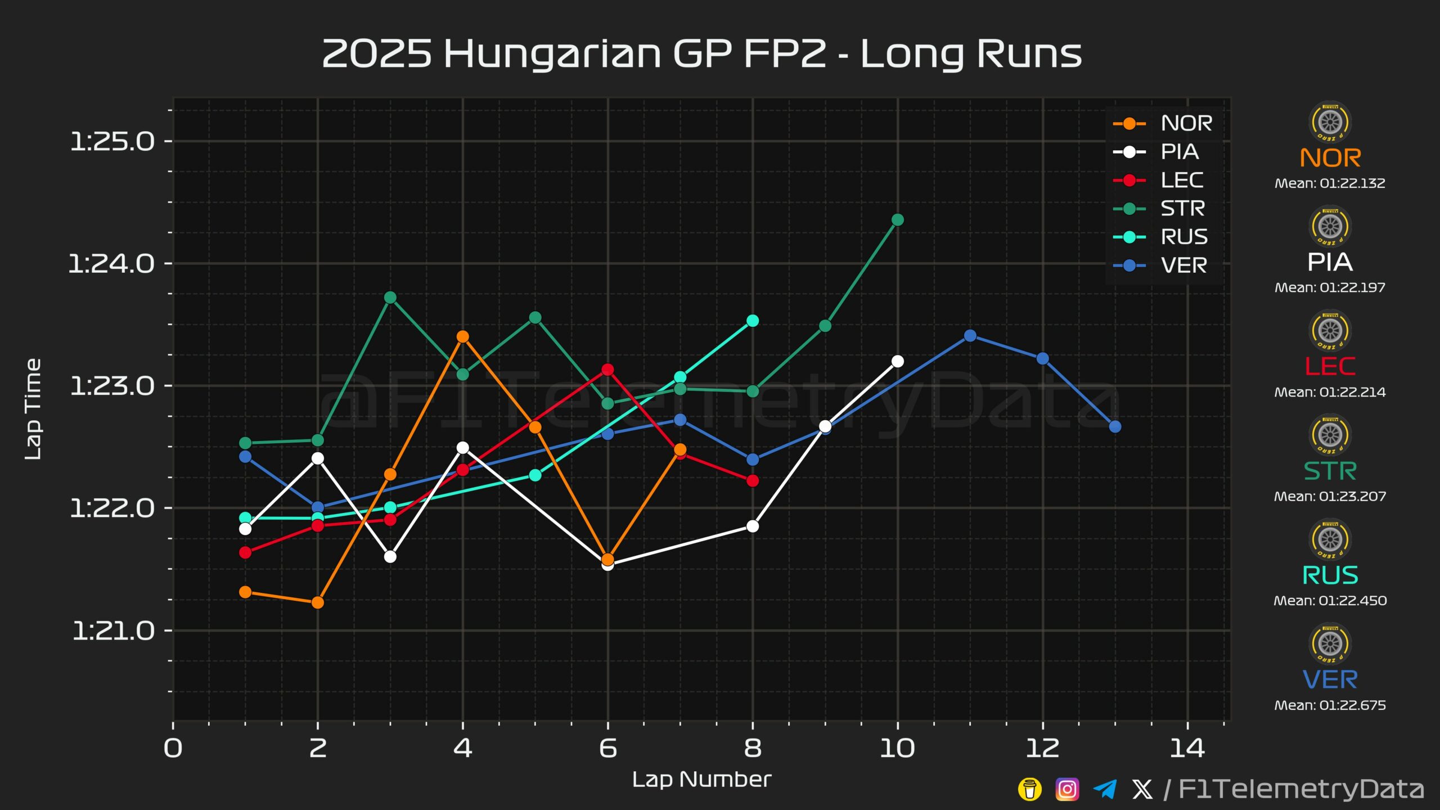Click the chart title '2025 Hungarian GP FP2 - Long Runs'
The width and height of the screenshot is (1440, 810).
pyautogui.click(x=701, y=54)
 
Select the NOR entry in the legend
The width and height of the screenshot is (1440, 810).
pyautogui.click(x=1163, y=123)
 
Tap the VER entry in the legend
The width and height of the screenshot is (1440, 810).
pyautogui.click(x=1160, y=265)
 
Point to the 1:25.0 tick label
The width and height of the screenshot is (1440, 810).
pyautogui.click(x=112, y=141)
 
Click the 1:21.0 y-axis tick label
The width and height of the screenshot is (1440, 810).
pyautogui.click(x=114, y=631)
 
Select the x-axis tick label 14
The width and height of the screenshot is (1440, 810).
pyautogui.click(x=1187, y=748)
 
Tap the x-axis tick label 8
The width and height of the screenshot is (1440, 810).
pyautogui.click(x=753, y=748)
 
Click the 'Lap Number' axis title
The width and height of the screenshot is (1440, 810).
pyautogui.click(x=701, y=780)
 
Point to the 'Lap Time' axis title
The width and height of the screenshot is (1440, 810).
pyautogui.click(x=33, y=409)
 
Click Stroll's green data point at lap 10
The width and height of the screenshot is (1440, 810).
pyautogui.click(x=898, y=220)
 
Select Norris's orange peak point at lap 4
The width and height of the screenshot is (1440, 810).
pyautogui.click(x=463, y=337)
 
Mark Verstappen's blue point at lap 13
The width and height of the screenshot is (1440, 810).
pyautogui.click(x=1115, y=427)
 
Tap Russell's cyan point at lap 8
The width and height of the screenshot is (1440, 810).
pyautogui.click(x=753, y=321)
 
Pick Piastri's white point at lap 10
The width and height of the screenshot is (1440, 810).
pyautogui.click(x=898, y=361)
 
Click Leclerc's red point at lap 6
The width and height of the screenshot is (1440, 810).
pyautogui.click(x=607, y=370)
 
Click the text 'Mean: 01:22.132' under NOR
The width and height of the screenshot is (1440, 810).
pyautogui.click(x=1330, y=183)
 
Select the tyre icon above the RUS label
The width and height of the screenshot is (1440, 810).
pyautogui.click(x=1330, y=539)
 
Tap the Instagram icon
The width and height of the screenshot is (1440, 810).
pyautogui.click(x=1067, y=789)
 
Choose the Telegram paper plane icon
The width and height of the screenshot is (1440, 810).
pyautogui.click(x=1105, y=789)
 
